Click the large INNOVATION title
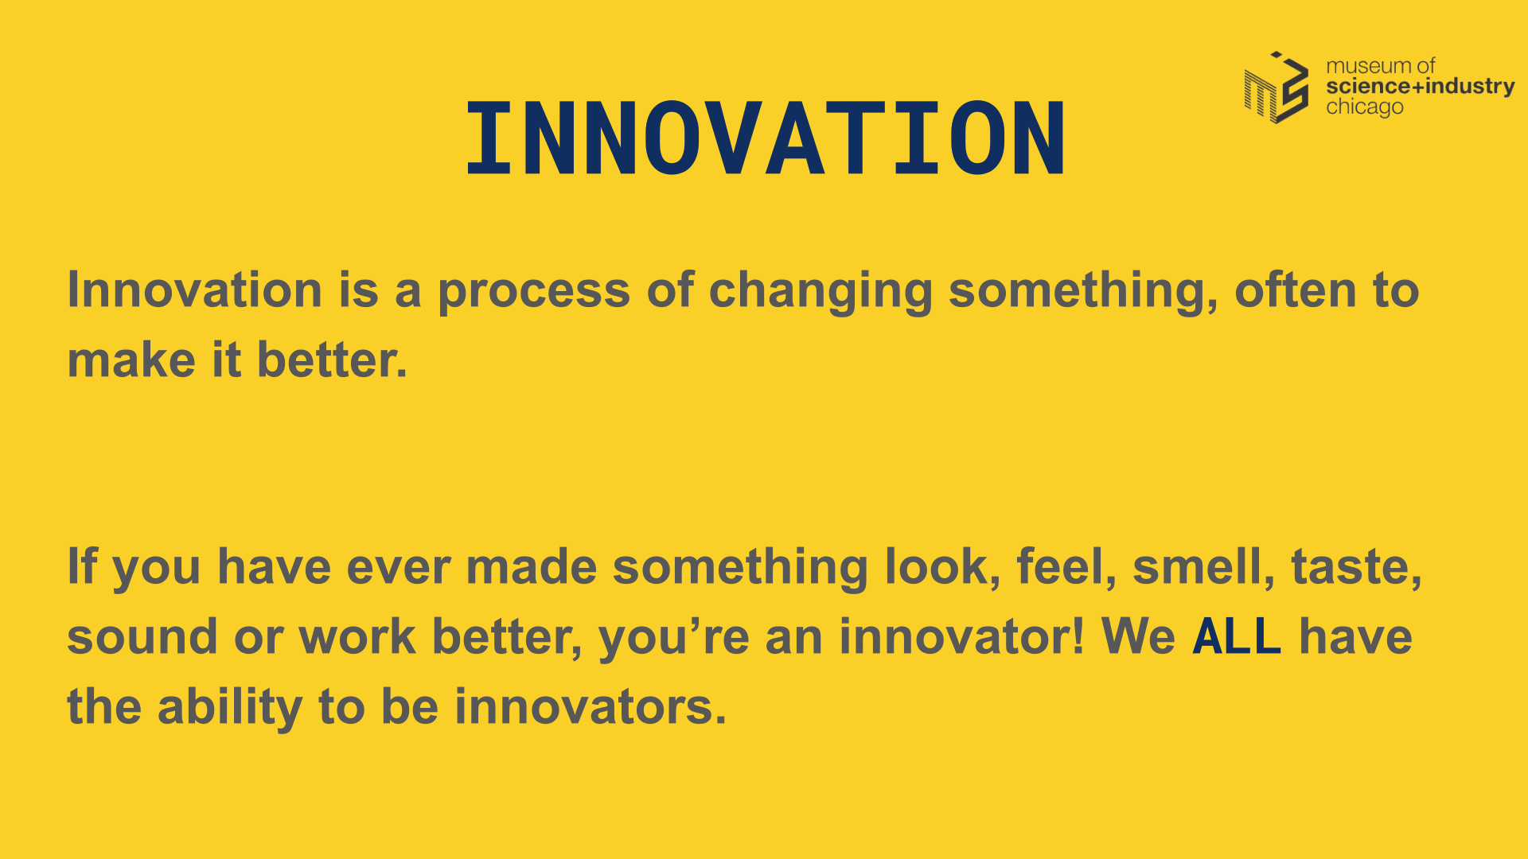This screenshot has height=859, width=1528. [x=766, y=138]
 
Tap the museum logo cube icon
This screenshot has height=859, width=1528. [x=1277, y=87]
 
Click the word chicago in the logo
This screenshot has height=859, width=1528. [x=1364, y=107]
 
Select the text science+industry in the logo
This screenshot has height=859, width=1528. [x=1421, y=86]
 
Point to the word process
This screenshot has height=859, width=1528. [x=534, y=291]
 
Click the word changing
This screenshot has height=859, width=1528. [x=821, y=291]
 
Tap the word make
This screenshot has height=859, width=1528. [x=131, y=360]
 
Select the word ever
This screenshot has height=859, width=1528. [x=399, y=568]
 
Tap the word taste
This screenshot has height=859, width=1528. [x=1356, y=566]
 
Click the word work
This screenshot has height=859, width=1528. [x=357, y=637]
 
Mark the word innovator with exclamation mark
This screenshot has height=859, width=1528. [x=962, y=637]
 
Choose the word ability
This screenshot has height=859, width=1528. [x=230, y=708]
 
